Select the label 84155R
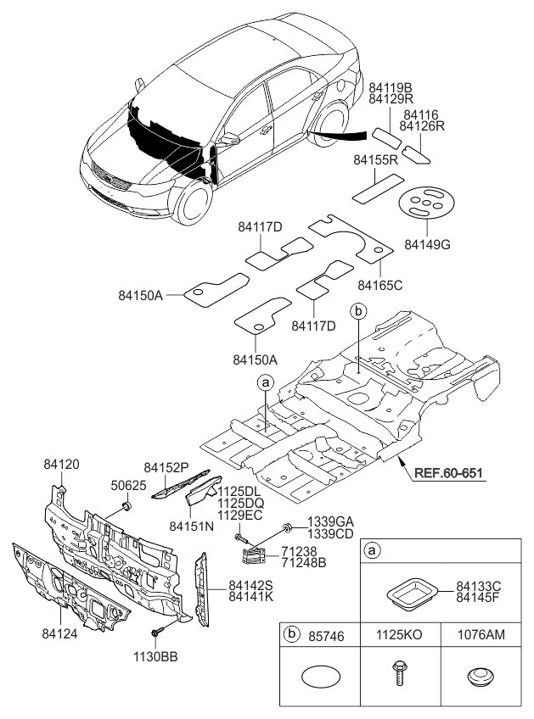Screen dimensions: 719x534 pyautogui.click(x=376, y=159)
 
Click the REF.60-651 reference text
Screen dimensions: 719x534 pyautogui.click(x=449, y=474)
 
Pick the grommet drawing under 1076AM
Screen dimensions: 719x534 pyautogui.click(x=480, y=677)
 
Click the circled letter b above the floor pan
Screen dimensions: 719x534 pyautogui.click(x=358, y=312)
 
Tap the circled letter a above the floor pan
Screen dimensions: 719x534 pyautogui.click(x=266, y=383)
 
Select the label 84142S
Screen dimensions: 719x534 pyautogui.click(x=250, y=585)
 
